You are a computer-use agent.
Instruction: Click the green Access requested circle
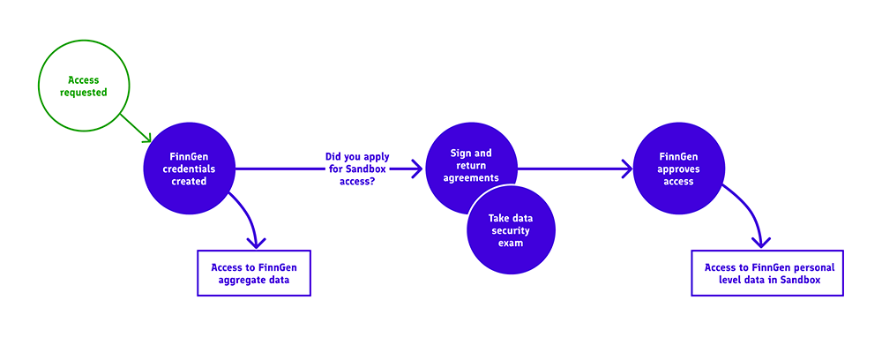pos(84,86)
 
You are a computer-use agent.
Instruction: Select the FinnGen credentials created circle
pos(189,168)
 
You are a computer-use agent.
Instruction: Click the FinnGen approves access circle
pos(677,168)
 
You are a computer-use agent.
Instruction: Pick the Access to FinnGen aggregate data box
pos(254,273)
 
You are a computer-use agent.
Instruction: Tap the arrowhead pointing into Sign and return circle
pos(418,168)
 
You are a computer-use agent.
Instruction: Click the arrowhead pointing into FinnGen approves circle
pos(627,168)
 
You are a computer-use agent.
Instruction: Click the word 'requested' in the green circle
pos(84,92)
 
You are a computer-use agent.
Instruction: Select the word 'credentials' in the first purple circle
pos(189,168)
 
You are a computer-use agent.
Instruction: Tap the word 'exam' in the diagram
pos(512,243)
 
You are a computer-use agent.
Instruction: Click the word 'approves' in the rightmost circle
pos(677,168)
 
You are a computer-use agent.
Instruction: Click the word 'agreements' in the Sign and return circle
pos(471,177)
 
